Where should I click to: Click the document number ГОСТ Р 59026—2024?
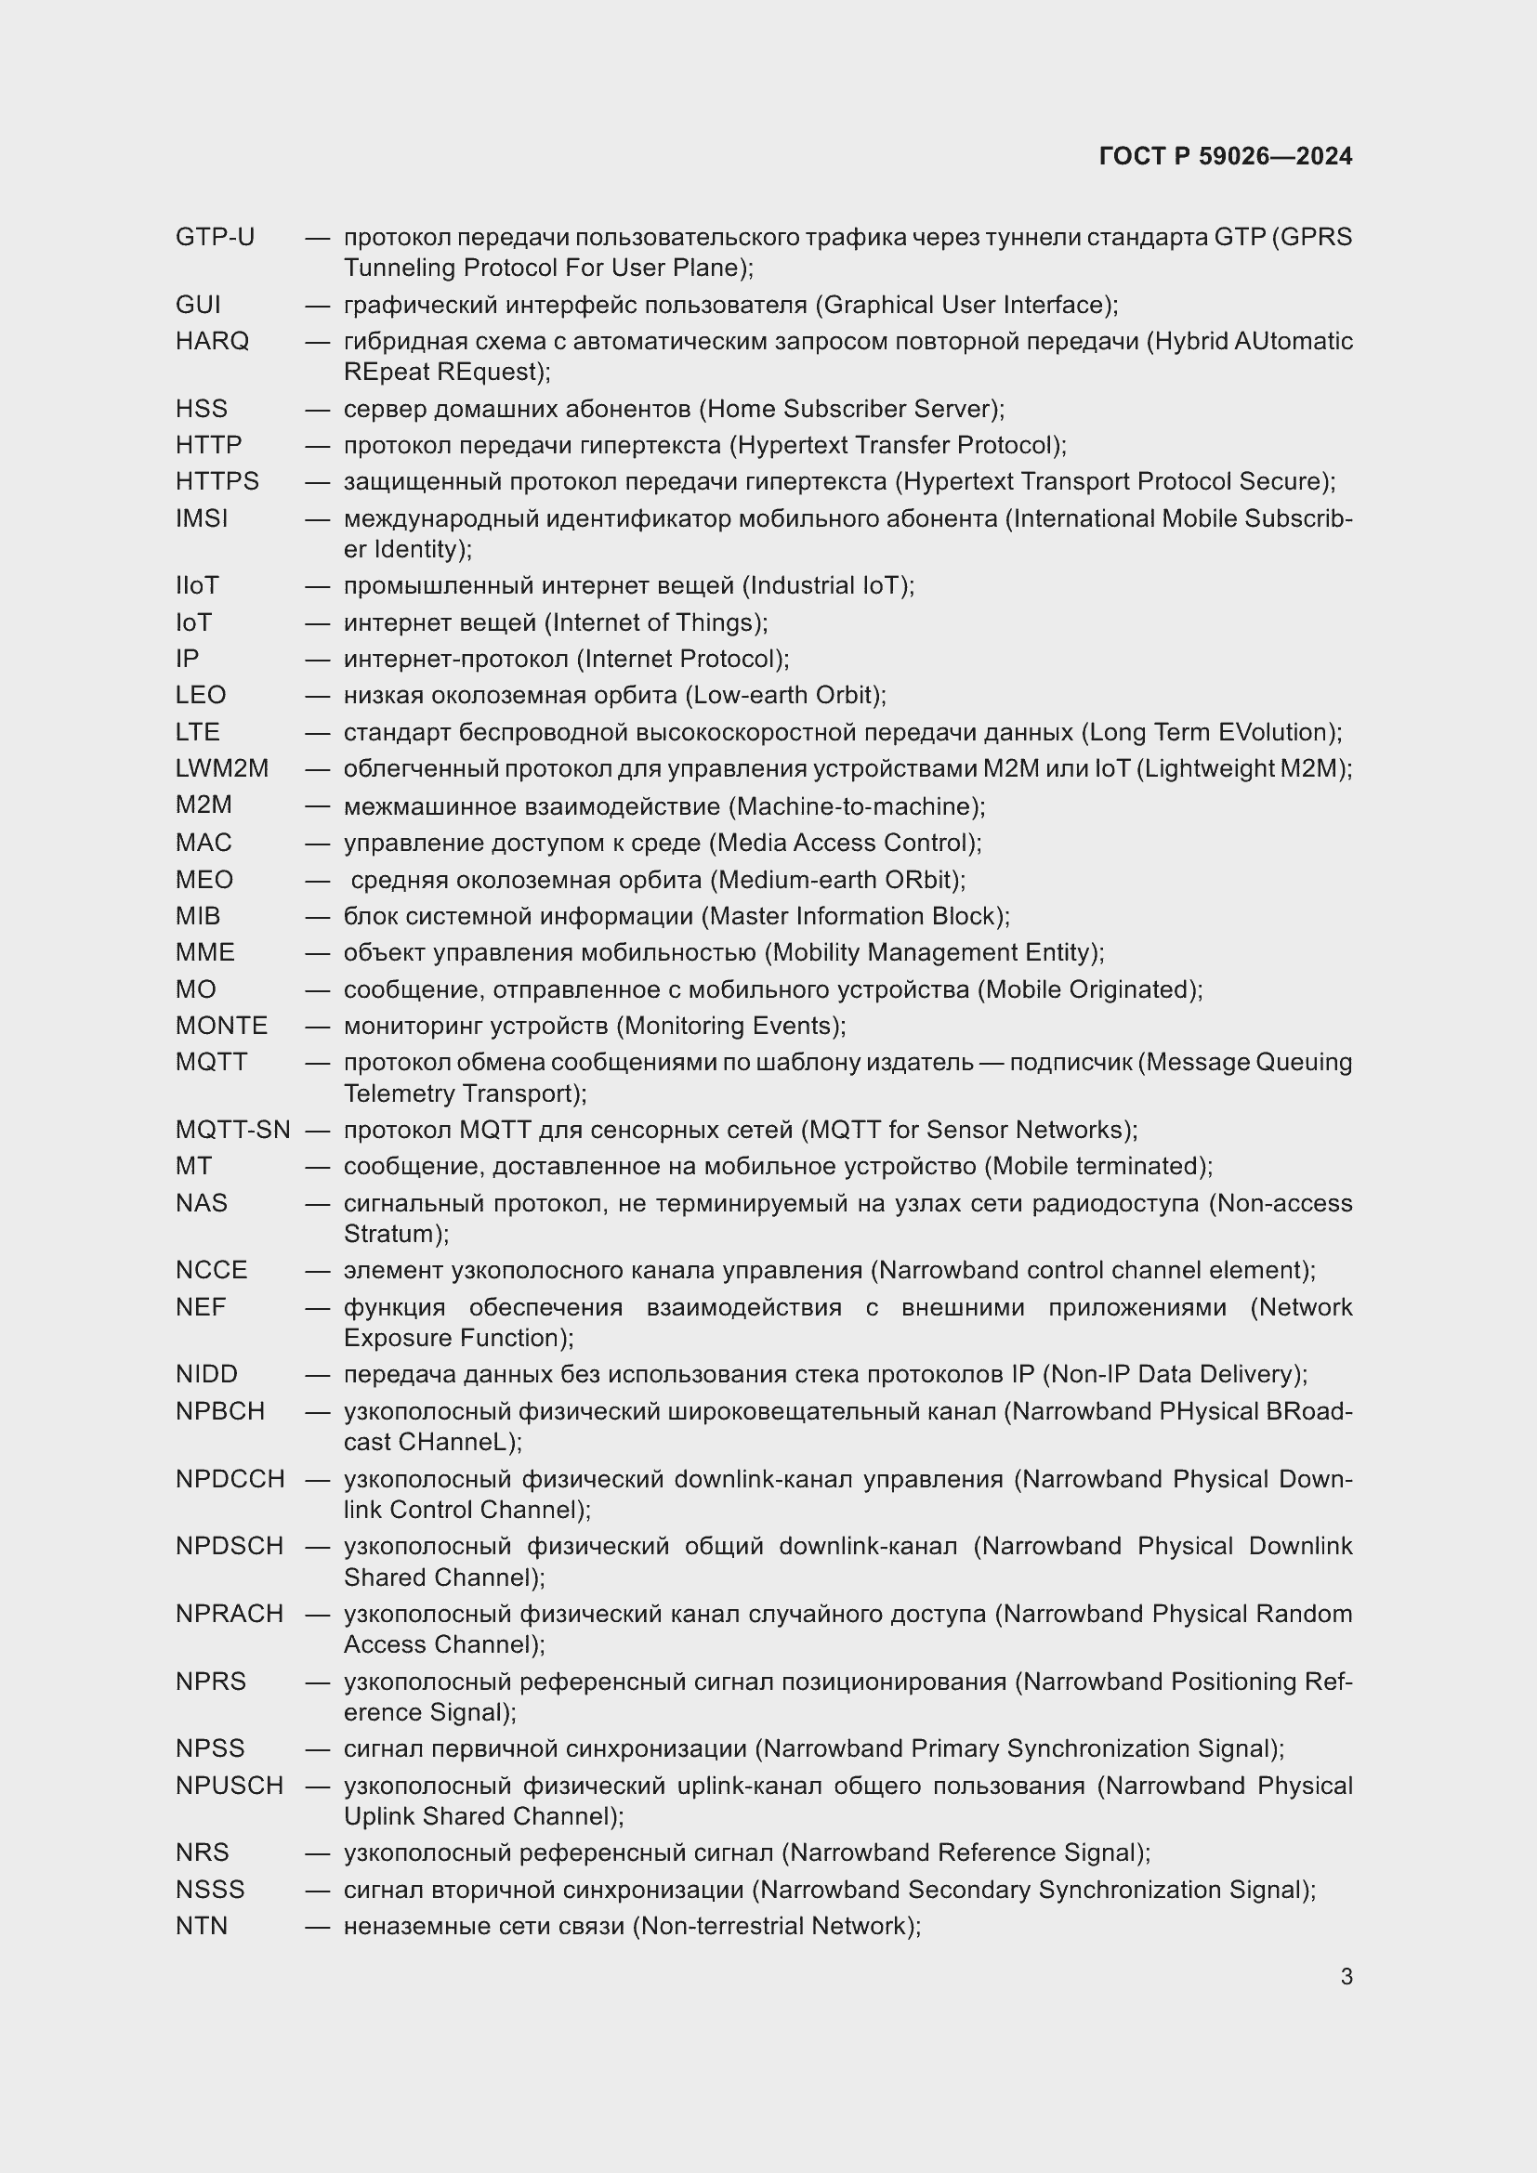(x=1225, y=156)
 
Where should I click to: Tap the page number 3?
(x=1346, y=1976)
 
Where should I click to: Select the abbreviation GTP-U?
(x=215, y=237)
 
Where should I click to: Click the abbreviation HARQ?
(x=212, y=341)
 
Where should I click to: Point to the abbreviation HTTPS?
(x=217, y=482)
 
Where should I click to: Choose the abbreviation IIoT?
(x=197, y=586)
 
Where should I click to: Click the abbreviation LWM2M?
(x=221, y=768)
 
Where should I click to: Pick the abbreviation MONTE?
(x=221, y=1026)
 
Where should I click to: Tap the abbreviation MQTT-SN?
(x=233, y=1130)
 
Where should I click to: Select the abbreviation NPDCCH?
(x=230, y=1479)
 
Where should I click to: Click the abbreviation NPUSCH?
(x=229, y=1786)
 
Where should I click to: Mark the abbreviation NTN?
(x=202, y=1926)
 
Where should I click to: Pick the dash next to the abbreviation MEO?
(x=317, y=880)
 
